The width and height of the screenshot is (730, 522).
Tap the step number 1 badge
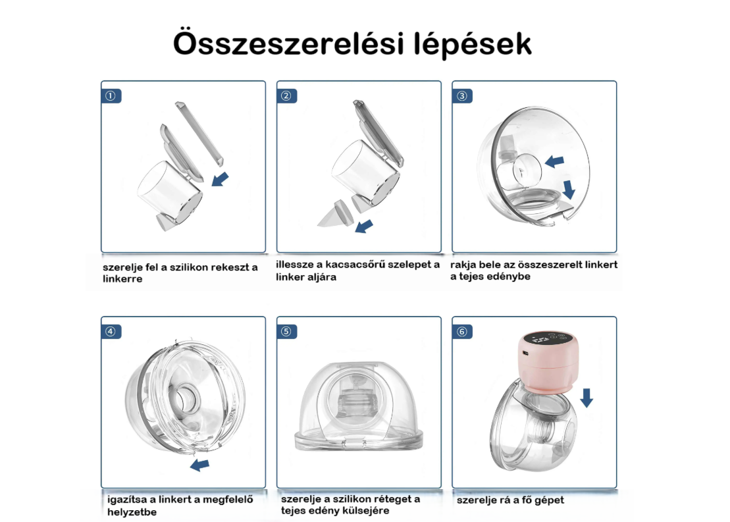pyautogui.click(x=111, y=96)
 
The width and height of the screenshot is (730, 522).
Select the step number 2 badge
pyautogui.click(x=286, y=96)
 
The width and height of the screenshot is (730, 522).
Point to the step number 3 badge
pyautogui.click(x=462, y=96)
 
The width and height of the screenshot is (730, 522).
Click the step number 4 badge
pyautogui.click(x=111, y=332)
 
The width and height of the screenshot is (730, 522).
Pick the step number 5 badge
pyautogui.click(x=286, y=332)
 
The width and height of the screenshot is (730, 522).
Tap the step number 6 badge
pyautogui.click(x=462, y=332)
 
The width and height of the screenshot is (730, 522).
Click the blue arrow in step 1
pyautogui.click(x=221, y=179)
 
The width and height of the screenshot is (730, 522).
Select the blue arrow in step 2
pyautogui.click(x=364, y=226)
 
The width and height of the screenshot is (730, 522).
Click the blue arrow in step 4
pyautogui.click(x=199, y=465)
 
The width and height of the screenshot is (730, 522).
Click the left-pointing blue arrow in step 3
pyautogui.click(x=554, y=161)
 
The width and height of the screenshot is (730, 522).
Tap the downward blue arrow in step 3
pyautogui.click(x=569, y=190)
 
